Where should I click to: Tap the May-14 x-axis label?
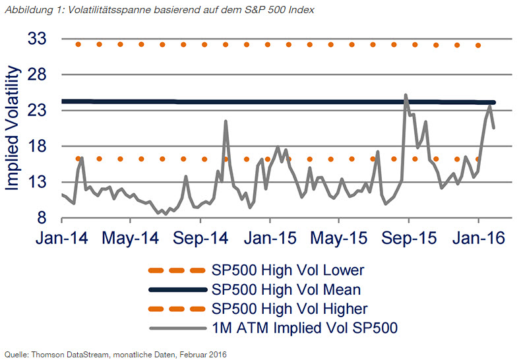tap(131, 238)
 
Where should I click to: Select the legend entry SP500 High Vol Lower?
tap(288, 270)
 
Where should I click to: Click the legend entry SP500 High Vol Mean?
tap(286, 289)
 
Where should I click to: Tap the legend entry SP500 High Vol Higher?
tap(289, 308)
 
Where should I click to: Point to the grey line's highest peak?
tap(406, 95)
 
